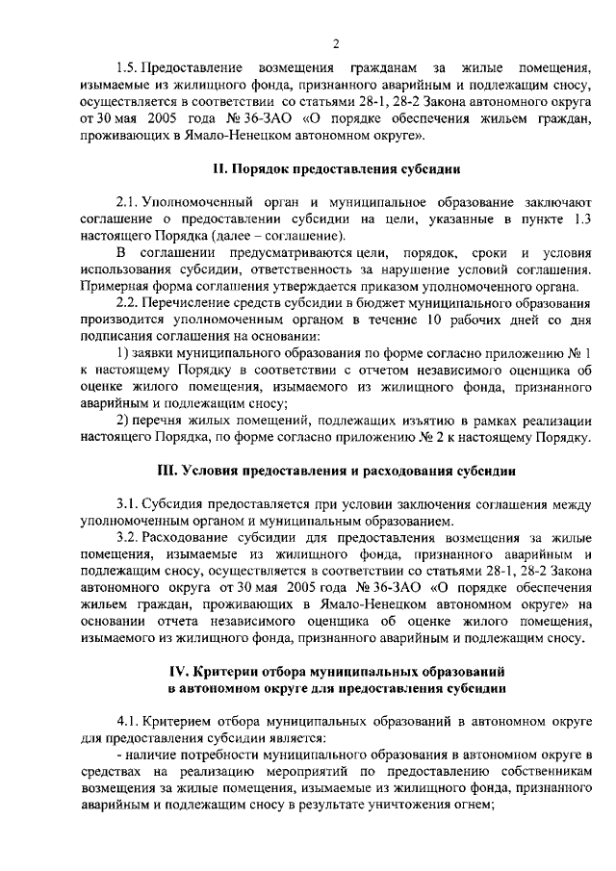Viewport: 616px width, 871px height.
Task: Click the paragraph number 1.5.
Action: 126,67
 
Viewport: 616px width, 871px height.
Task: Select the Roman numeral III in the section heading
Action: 166,472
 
